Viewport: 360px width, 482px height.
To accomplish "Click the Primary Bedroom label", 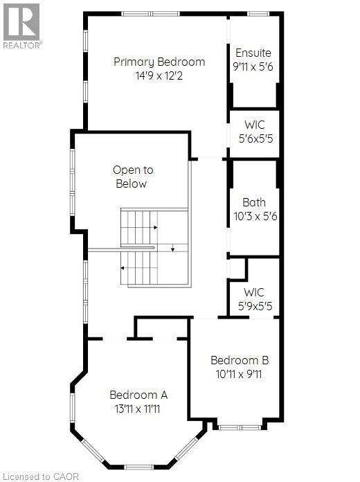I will click(159, 62).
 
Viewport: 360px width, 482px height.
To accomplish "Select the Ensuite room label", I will click(253, 53).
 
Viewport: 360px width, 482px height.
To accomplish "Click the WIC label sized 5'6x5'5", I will click(254, 125).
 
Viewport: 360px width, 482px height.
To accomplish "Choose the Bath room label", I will click(253, 203).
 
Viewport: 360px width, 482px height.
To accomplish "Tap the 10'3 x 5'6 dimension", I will click(255, 216).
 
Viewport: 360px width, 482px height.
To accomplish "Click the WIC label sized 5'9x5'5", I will click(254, 292).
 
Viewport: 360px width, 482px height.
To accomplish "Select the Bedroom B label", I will click(240, 361).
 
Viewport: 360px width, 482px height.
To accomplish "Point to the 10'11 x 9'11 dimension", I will click(240, 375).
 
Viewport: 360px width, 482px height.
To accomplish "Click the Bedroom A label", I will click(138, 395).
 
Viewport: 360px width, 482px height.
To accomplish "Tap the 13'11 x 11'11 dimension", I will click(138, 409).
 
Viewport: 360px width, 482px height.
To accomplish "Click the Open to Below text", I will click(133, 177).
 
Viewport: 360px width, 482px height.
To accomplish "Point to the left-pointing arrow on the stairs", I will click(123, 267).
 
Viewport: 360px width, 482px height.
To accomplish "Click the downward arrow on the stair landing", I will click(172, 247).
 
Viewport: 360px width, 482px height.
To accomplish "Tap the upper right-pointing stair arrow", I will click(156, 227).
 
